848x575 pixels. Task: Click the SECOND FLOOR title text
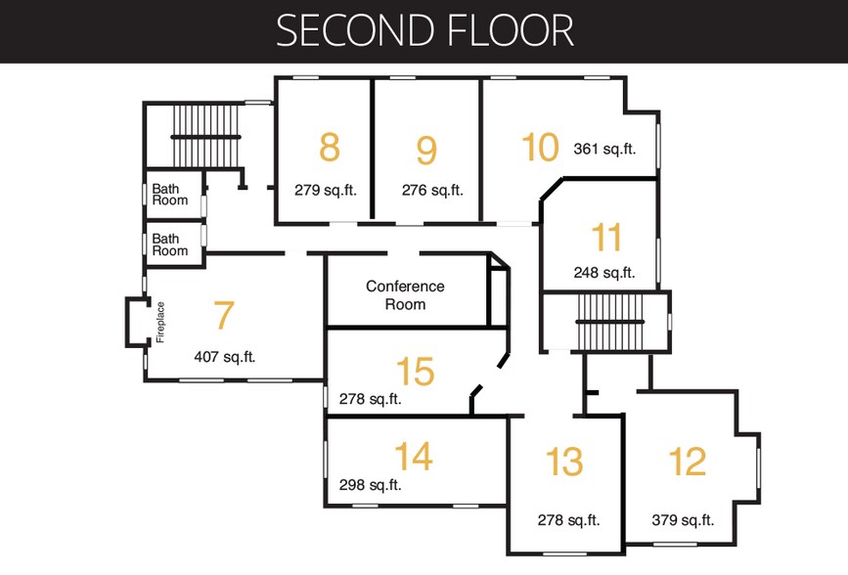[424, 31]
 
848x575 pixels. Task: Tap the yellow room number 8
[330, 147]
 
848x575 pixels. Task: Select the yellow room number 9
[426, 150]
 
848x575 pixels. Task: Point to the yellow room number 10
[540, 147]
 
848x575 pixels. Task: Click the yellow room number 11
[606, 237]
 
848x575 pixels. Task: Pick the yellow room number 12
[688, 462]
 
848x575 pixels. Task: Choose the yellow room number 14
[414, 456]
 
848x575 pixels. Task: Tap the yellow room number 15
[416, 371]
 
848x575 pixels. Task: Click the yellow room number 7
[224, 314]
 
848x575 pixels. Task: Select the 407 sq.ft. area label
[224, 357]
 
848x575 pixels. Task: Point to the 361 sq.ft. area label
[604, 149]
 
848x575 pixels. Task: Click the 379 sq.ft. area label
[683, 520]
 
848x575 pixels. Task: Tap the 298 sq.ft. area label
[370, 485]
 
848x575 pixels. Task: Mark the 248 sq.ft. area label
[604, 272]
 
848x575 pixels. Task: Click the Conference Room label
[405, 294]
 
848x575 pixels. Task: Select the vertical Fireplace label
[160, 322]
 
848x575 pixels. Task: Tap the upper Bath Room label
[170, 195]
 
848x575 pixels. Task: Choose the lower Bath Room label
[170, 244]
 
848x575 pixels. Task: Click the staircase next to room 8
[205, 136]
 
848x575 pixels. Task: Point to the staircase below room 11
[610, 322]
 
